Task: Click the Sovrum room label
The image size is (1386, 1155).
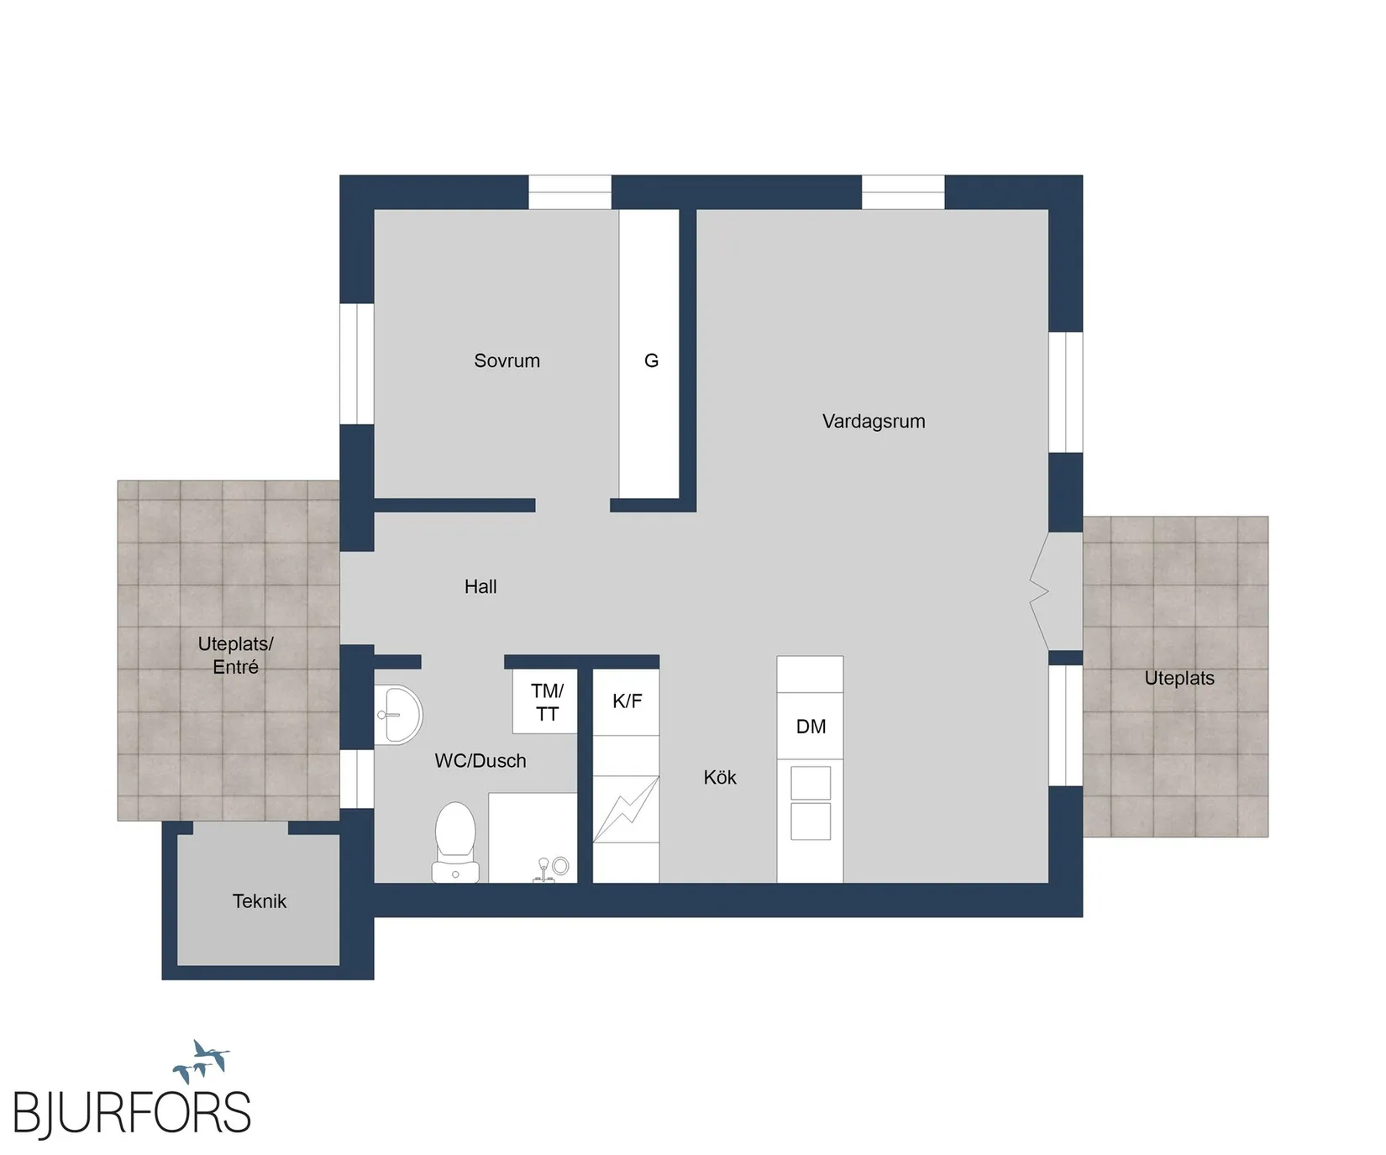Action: pos(507,361)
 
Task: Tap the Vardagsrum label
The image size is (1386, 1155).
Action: pos(874,422)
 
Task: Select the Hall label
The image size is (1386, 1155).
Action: pos(480,587)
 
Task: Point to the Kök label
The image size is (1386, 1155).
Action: pos(720,778)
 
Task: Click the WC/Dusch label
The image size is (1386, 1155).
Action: pos(480,761)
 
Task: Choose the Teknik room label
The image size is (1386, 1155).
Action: pos(260,901)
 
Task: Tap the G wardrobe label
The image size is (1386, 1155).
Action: pos(651,361)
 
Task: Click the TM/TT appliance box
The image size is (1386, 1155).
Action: pos(545,701)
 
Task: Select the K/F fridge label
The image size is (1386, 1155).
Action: pos(627,701)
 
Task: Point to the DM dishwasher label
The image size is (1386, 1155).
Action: pos(811,727)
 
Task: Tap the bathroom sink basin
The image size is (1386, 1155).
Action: pos(398,715)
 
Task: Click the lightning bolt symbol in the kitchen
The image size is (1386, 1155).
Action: pos(626,809)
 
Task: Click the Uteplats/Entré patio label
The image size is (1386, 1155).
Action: pos(236,655)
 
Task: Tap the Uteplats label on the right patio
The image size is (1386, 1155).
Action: pos(1179,679)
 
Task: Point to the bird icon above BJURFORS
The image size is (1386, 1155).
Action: pos(202,1062)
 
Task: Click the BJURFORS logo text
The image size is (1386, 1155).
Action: pos(132,1114)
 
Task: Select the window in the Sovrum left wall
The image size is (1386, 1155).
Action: pos(357,364)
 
